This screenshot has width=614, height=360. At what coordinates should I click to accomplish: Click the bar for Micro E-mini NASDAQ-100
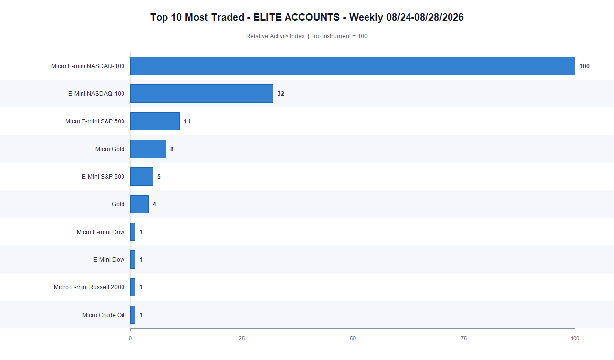click(353, 66)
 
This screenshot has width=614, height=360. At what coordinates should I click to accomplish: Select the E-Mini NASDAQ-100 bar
click(202, 94)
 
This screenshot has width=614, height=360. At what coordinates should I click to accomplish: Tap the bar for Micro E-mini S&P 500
click(155, 121)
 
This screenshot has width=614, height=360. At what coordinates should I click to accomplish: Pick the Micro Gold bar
click(148, 149)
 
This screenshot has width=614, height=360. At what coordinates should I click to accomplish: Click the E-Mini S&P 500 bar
click(142, 177)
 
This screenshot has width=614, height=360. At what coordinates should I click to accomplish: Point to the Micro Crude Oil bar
click(133, 315)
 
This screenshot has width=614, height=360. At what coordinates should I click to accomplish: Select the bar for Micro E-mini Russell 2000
click(133, 287)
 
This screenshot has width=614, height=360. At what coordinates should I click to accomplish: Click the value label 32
click(281, 94)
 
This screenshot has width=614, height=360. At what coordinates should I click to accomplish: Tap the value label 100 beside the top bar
click(584, 66)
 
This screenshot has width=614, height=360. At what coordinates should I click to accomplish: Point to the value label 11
click(187, 121)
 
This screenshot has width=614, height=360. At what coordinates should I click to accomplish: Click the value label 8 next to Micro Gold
click(172, 149)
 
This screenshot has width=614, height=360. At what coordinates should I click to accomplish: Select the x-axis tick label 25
click(242, 338)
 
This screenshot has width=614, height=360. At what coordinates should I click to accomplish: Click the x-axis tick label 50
click(353, 338)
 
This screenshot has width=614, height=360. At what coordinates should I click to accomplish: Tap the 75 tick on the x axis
click(464, 338)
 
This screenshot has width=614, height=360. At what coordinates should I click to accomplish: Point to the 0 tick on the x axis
click(130, 338)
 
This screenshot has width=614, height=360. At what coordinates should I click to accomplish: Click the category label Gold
click(118, 204)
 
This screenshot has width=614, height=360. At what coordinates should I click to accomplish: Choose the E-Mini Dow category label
click(109, 259)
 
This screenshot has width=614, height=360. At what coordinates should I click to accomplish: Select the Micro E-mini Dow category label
click(100, 232)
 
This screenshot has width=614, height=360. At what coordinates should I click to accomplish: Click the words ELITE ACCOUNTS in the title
click(296, 17)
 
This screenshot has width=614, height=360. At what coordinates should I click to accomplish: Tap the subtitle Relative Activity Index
click(276, 36)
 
